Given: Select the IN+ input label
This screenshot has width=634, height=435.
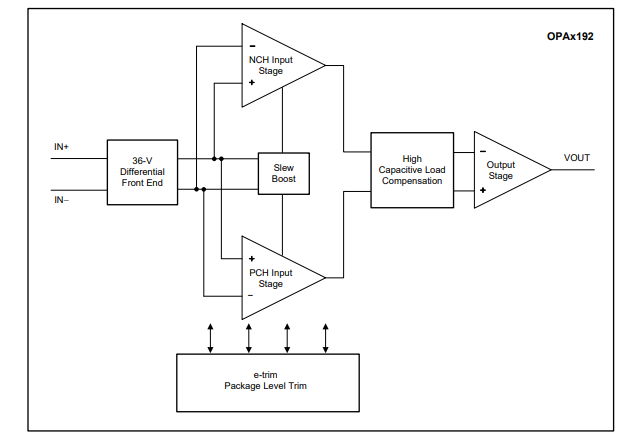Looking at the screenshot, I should point(62,147).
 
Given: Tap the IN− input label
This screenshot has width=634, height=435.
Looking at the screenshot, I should point(62,200).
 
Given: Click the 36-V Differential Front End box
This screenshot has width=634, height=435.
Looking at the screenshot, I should point(141,172).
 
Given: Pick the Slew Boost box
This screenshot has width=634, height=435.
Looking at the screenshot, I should point(282,172).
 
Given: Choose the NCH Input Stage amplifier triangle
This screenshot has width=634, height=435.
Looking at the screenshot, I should point(275,65).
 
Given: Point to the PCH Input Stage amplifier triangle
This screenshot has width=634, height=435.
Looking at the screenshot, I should point(275,277).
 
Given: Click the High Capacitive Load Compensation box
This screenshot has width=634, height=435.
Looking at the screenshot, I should point(412,170).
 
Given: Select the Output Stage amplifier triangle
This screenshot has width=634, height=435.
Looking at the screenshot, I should point(505,170).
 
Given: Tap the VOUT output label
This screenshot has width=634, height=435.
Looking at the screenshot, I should point(577,158).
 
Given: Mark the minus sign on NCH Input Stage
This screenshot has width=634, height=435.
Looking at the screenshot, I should point(252,46).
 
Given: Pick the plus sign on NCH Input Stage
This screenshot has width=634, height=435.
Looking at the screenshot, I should point(252,84).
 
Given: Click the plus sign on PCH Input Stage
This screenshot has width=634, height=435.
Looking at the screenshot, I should point(252,259).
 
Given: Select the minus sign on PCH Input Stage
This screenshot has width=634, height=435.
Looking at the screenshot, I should point(252,295).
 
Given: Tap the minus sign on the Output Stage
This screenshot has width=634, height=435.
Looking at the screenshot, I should point(483,152).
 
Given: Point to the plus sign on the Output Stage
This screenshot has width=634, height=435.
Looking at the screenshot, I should point(483,189).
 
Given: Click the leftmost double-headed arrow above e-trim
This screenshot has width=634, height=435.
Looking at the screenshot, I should point(210,337).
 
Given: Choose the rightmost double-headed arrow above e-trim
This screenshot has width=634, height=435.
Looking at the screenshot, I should point(326,337).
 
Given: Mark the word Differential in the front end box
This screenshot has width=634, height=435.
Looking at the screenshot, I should point(141,172).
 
